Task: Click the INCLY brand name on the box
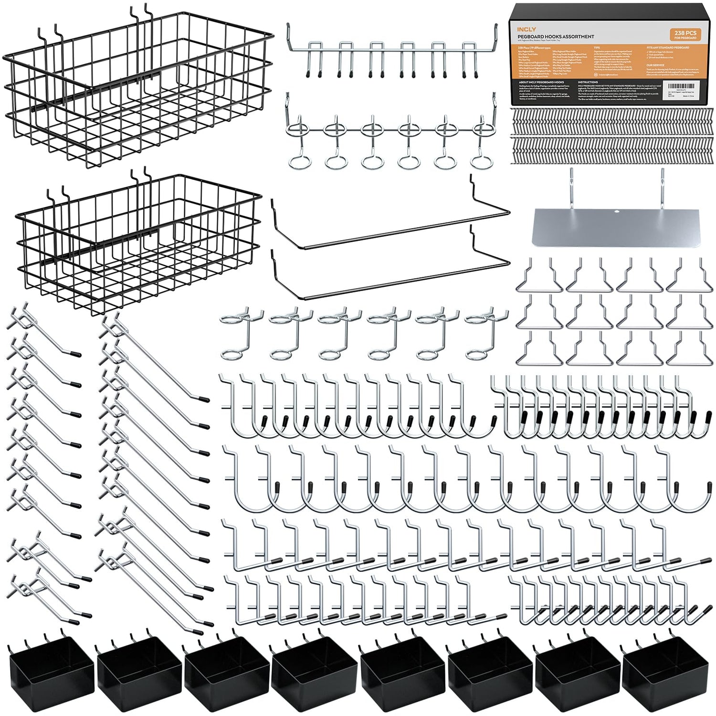(526, 30)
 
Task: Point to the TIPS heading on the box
(597, 48)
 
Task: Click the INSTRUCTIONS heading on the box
(588, 82)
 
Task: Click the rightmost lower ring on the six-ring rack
(479, 161)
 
